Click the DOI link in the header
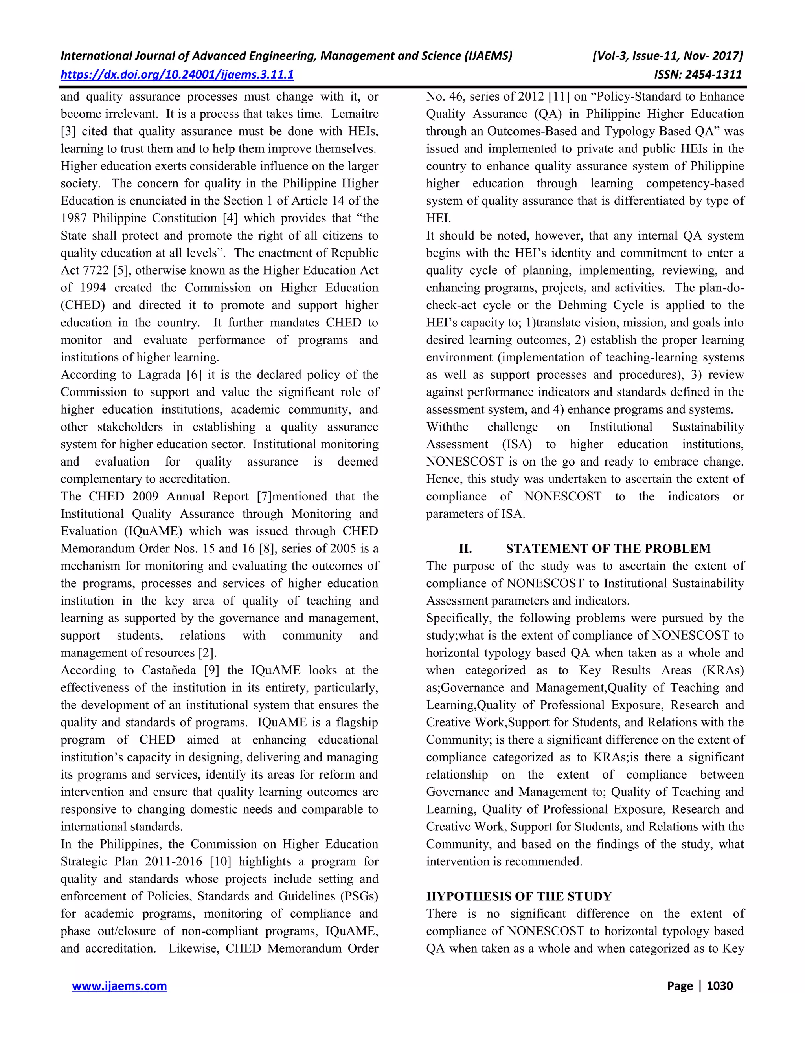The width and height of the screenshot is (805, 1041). tap(177, 74)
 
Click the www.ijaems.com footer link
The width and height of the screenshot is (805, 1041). tap(119, 986)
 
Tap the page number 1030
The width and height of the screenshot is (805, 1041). tap(719, 986)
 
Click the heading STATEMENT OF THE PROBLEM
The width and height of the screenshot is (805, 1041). tap(608, 549)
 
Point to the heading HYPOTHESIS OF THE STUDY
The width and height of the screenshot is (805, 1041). tap(519, 896)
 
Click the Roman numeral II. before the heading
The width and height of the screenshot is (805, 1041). tap(465, 549)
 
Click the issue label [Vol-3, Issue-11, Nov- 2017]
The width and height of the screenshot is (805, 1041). tap(667, 56)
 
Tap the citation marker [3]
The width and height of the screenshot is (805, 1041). tap(68, 132)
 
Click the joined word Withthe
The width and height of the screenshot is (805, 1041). tap(447, 427)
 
